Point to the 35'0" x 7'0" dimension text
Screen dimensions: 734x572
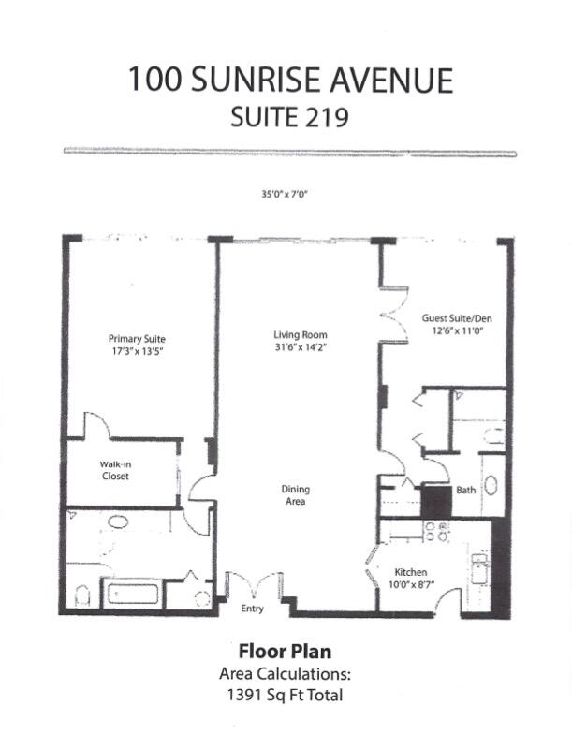click(x=285, y=195)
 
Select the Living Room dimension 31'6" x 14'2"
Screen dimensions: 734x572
click(x=300, y=347)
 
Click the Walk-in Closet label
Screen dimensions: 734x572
click(x=114, y=470)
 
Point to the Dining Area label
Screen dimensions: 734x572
click(x=295, y=495)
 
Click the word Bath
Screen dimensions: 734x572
click(x=465, y=490)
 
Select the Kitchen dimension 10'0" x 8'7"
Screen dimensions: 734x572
click(x=410, y=585)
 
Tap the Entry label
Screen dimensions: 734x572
click(x=252, y=609)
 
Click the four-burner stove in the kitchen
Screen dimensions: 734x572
click(x=436, y=531)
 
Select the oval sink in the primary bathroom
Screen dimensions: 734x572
click(x=118, y=521)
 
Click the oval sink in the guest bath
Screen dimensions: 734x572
click(x=491, y=485)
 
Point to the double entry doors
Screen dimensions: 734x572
click(x=252, y=586)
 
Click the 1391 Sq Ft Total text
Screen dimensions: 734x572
click(x=281, y=694)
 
